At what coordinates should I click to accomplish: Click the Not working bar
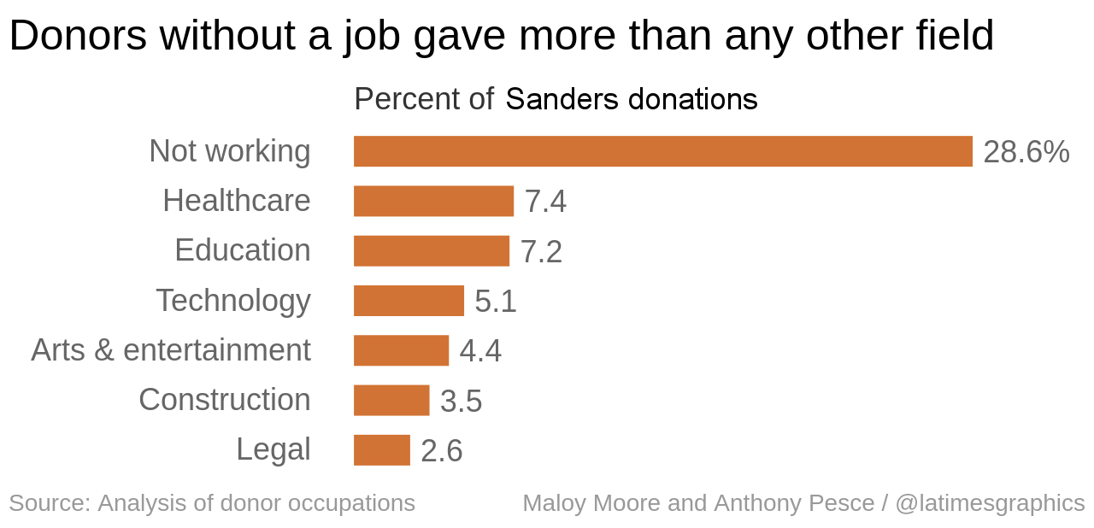click(x=662, y=151)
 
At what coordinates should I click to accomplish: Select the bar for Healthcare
click(x=433, y=201)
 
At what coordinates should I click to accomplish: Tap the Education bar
click(x=431, y=251)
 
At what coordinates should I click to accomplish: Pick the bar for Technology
click(x=409, y=301)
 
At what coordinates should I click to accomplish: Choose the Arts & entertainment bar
click(x=401, y=350)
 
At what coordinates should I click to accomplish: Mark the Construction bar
click(x=391, y=400)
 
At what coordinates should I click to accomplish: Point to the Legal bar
click(x=381, y=450)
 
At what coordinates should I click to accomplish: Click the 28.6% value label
click(x=1026, y=152)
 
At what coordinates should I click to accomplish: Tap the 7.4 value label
click(x=545, y=202)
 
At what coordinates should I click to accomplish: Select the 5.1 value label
click(x=496, y=302)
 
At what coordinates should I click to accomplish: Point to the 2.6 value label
click(x=442, y=451)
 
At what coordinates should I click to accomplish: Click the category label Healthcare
click(x=237, y=201)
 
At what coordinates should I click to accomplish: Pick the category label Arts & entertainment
click(x=171, y=350)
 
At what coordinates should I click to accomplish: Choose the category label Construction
click(x=225, y=400)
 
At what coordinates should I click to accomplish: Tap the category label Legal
click(x=273, y=449)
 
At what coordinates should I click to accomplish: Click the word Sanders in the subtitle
click(x=562, y=100)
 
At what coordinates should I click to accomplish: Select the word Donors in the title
click(x=78, y=36)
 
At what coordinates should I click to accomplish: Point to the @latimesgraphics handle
click(x=990, y=502)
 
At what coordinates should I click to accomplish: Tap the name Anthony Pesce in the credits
click(x=794, y=502)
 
